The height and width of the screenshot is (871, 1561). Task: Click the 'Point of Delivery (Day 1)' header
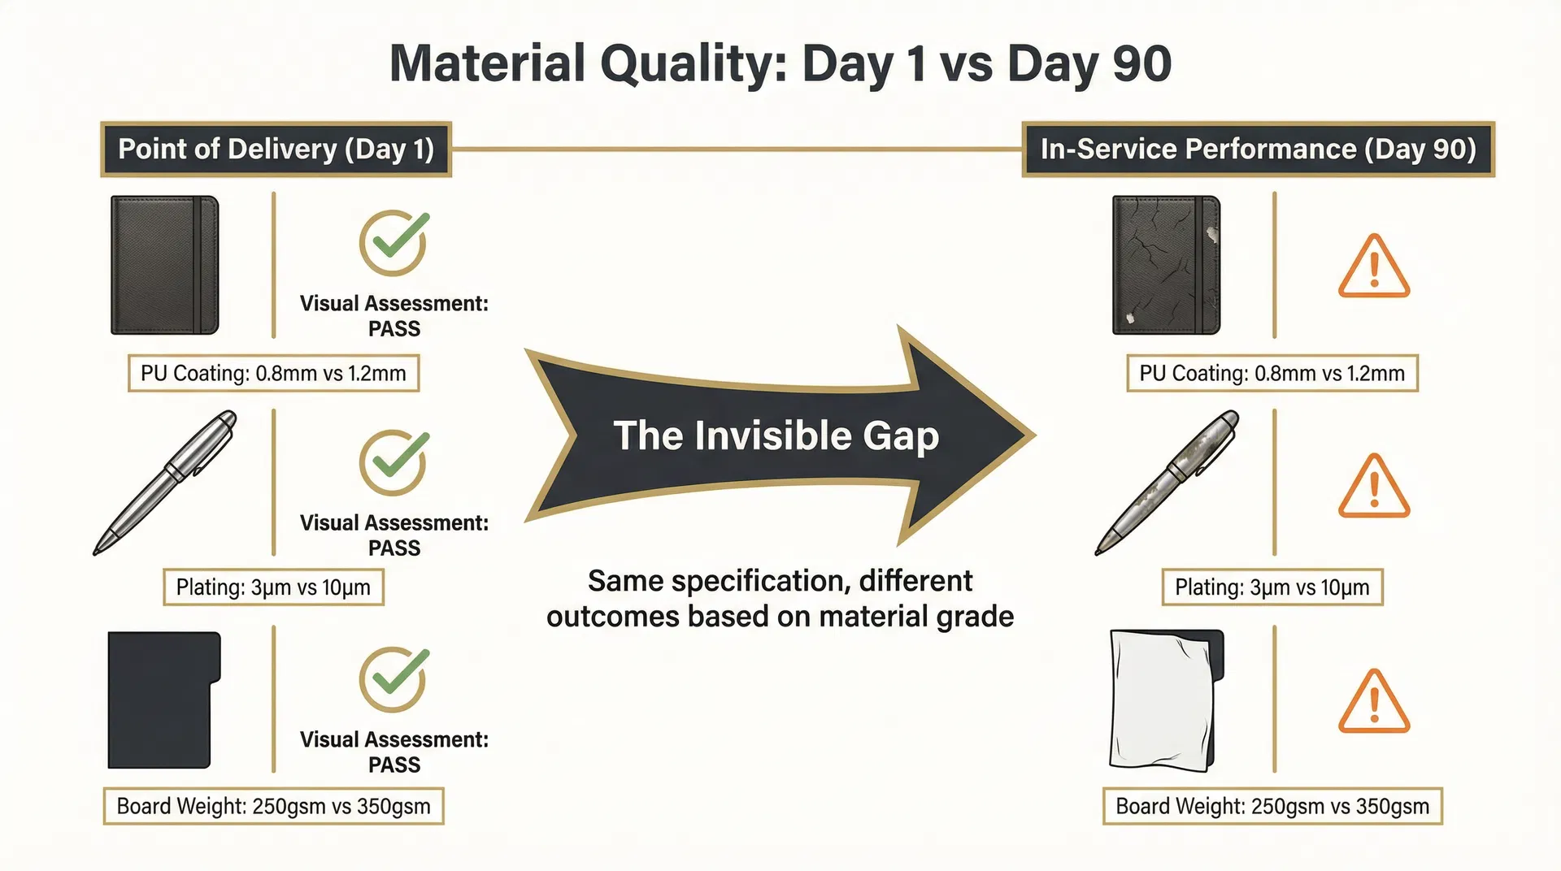click(x=276, y=149)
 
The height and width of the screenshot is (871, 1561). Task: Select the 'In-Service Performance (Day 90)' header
click(x=1258, y=149)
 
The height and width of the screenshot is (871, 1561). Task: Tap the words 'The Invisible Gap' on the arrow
click(x=776, y=435)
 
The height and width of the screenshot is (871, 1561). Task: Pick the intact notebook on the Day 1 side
click(x=164, y=265)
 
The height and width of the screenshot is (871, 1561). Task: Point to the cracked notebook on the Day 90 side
click(x=1166, y=265)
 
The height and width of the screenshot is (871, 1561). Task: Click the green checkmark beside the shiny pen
click(x=394, y=461)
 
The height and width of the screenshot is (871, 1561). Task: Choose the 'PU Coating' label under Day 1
click(x=273, y=374)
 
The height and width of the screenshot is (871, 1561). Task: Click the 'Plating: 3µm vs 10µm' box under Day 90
click(x=1272, y=587)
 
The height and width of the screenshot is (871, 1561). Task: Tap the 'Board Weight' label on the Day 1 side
click(x=273, y=806)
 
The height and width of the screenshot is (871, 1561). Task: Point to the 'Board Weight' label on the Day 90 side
click(x=1272, y=806)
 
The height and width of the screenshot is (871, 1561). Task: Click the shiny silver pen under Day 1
click(x=165, y=483)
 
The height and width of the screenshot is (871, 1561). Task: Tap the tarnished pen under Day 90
click(x=1167, y=483)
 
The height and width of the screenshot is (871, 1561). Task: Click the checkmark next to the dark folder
click(x=394, y=679)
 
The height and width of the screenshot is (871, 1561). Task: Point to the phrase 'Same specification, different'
click(x=780, y=581)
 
